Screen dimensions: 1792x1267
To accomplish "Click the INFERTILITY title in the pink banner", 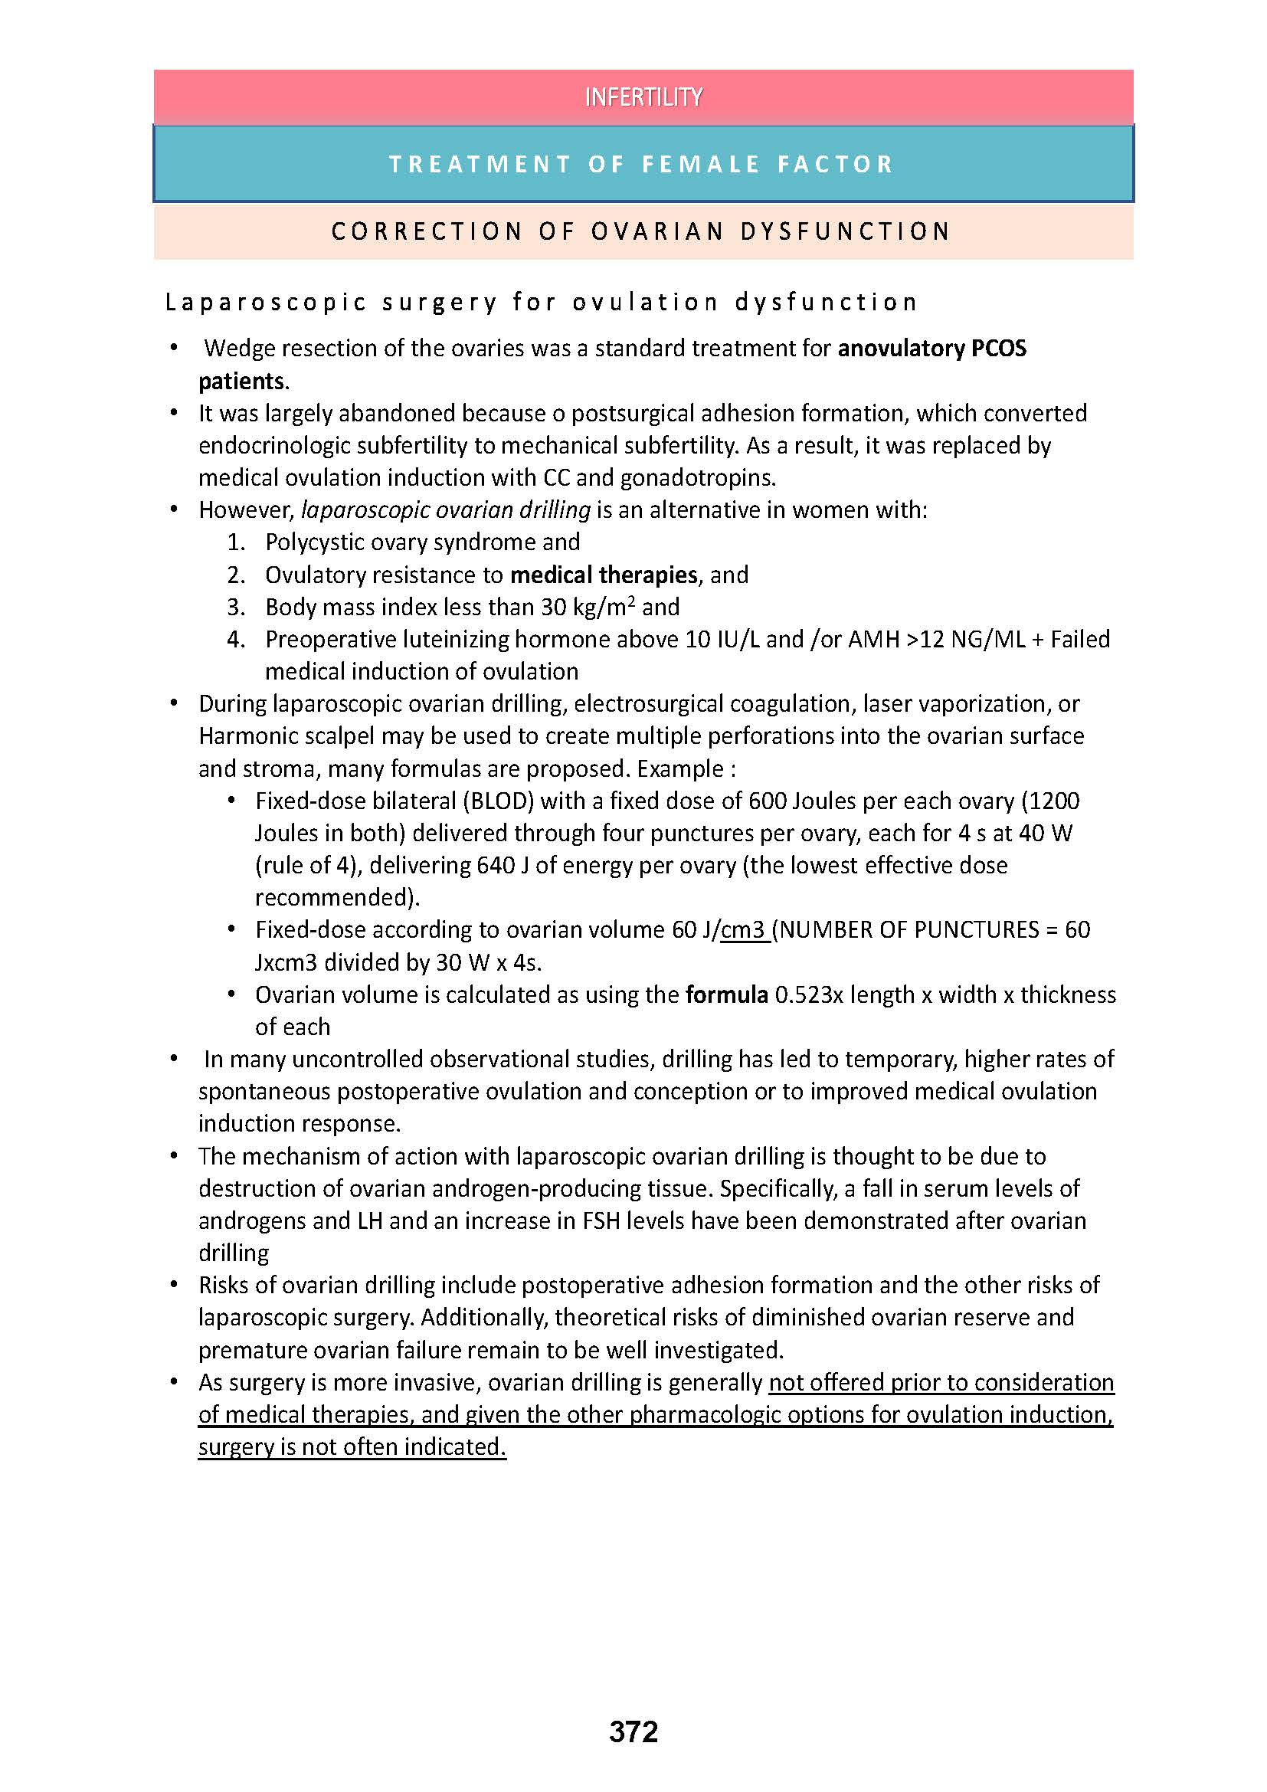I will coord(643,97).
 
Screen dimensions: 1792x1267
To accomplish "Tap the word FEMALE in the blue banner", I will coord(701,164).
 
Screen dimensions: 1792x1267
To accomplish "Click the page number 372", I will coord(633,1732).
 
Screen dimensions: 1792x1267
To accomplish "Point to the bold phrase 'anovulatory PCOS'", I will coord(931,348).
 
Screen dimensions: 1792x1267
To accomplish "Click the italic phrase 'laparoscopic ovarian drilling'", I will coord(446,509).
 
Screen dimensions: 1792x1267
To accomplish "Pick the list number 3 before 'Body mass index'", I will coord(236,608).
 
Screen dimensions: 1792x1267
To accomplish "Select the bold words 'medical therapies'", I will coord(603,575).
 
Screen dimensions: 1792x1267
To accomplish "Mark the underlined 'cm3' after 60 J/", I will coord(745,929).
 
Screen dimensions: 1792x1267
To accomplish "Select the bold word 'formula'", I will coord(726,994).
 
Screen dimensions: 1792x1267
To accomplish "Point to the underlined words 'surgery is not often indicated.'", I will coord(352,1446).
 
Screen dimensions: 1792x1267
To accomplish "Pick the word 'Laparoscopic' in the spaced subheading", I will coord(266,302).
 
